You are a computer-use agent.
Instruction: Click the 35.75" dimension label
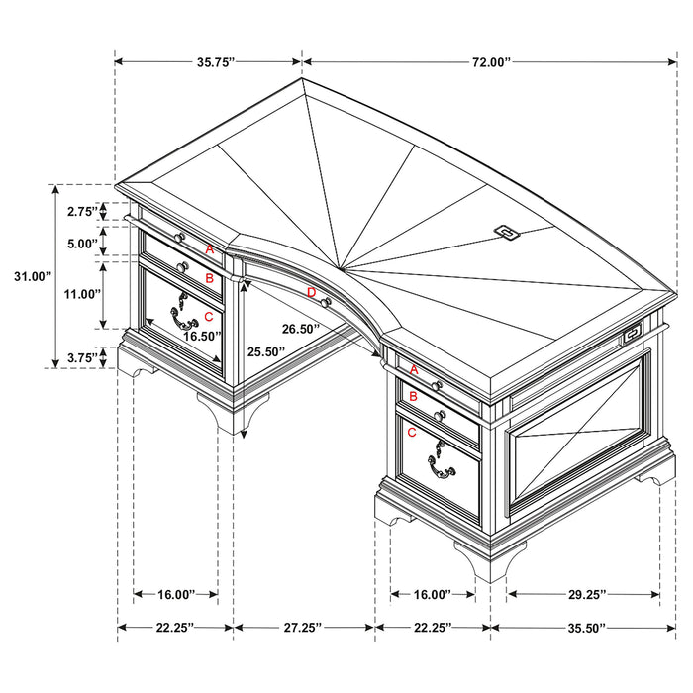[214, 61]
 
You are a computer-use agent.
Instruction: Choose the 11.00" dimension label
[82, 294]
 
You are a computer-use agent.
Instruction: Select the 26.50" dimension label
[302, 329]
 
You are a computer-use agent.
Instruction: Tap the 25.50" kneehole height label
[266, 351]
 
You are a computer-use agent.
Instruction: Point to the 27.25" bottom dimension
[303, 627]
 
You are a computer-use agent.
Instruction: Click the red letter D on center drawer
[311, 292]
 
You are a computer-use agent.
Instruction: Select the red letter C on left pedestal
[208, 316]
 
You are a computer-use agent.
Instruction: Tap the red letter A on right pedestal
[413, 369]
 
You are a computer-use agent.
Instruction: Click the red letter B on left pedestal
[209, 278]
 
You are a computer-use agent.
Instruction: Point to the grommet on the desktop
[507, 232]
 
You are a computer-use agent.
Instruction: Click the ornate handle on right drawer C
[440, 461]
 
